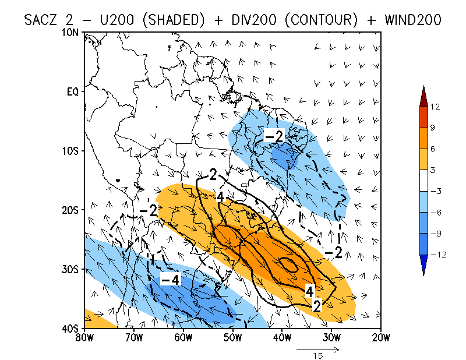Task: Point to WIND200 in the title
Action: [x=409, y=20]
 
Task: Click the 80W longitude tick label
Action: [x=84, y=337]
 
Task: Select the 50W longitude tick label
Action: [x=232, y=337]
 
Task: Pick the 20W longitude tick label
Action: [x=380, y=337]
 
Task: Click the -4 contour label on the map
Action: [x=170, y=280]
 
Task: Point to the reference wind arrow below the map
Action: [x=317, y=350]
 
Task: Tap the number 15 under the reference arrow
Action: [x=318, y=355]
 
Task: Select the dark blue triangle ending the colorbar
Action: [x=423, y=268]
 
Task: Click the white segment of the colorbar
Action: [x=423, y=180]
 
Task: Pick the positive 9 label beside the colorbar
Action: [x=435, y=128]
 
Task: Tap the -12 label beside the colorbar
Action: [x=437, y=254]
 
